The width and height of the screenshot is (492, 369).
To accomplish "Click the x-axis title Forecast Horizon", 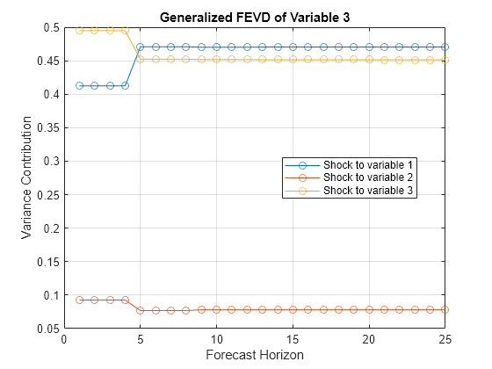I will [x=254, y=356].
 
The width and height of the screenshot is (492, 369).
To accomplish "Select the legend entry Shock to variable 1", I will [x=368, y=165].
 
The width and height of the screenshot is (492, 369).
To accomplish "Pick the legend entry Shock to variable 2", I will [x=368, y=177].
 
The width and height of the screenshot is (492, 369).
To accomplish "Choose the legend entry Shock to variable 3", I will [x=368, y=190].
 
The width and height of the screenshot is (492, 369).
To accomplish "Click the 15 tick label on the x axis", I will [x=293, y=339].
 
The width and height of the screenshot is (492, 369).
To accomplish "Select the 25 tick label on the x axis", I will [x=445, y=339].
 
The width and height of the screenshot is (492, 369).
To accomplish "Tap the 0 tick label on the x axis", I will [x=64, y=339].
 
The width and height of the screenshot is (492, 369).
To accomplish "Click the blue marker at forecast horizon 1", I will [x=79, y=85].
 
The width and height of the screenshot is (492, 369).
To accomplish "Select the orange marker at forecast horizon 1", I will [x=79, y=300].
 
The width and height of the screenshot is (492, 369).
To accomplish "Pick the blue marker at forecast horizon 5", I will [x=141, y=47].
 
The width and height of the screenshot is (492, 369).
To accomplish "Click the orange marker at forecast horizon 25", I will [x=445, y=309].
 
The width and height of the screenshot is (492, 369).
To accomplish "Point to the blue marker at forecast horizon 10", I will [x=217, y=47].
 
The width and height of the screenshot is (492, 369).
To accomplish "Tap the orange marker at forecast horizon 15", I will [x=293, y=309].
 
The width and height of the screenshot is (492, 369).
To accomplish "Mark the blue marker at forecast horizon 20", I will [x=369, y=47].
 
